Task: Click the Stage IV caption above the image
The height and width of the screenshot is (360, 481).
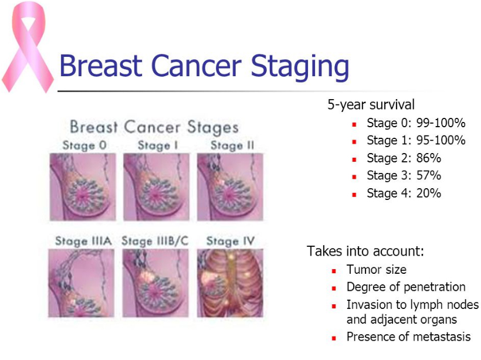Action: [x=231, y=241]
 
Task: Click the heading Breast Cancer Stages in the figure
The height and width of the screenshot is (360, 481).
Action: [x=154, y=127]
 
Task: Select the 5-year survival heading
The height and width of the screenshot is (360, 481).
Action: [x=371, y=105]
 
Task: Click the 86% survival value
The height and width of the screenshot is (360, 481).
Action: [x=428, y=158]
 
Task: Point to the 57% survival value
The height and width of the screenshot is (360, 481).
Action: [x=428, y=176]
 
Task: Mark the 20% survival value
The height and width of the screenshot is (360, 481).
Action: [x=428, y=193]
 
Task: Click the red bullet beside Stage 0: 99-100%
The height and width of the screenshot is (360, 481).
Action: [x=354, y=124]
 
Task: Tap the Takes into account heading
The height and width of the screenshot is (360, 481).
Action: [x=365, y=252]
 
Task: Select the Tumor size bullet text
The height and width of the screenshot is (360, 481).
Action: [x=376, y=270]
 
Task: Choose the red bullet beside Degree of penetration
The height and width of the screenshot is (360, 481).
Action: [x=334, y=288]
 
